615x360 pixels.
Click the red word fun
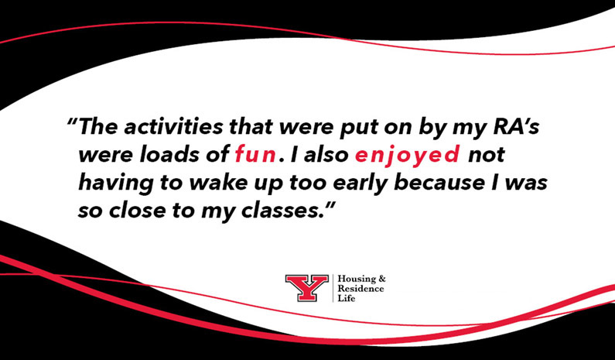(x=255, y=155)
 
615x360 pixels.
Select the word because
(x=433, y=183)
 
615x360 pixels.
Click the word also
(x=321, y=155)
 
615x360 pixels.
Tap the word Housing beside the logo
(x=356, y=279)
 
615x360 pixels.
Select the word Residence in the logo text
(x=360, y=289)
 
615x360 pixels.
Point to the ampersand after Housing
(x=380, y=279)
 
